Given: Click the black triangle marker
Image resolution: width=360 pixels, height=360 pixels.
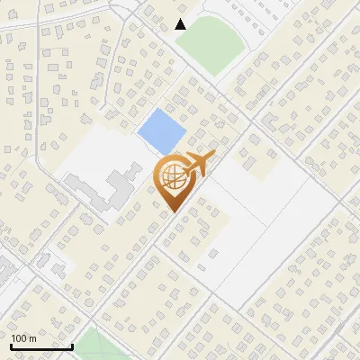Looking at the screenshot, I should pyautogui.click(x=181, y=24).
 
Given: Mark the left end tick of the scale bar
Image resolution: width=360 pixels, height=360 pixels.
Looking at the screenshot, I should pyautogui.click(x=11, y=345).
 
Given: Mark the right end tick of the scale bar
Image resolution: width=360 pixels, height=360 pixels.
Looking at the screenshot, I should pyautogui.click(x=72, y=345).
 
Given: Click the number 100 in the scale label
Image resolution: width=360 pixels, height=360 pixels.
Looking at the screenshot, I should pyautogui.click(x=20, y=338).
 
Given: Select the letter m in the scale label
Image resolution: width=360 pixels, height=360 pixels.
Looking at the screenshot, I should pyautogui.click(x=32, y=339).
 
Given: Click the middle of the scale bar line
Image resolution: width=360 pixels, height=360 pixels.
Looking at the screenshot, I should pyautogui.click(x=41, y=346).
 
